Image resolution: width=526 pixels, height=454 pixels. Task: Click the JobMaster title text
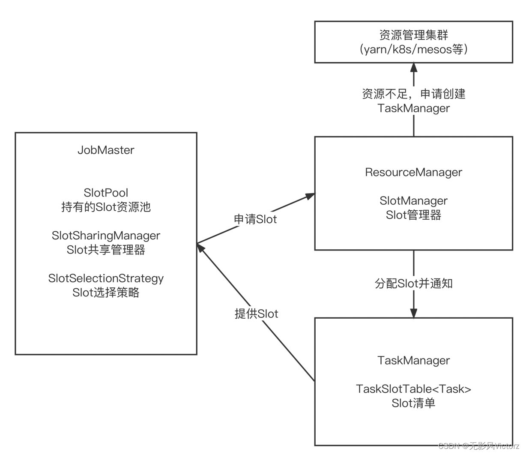point(106,150)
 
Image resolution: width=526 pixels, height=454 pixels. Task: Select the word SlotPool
point(106,193)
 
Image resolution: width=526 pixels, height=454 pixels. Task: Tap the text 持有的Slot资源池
point(106,207)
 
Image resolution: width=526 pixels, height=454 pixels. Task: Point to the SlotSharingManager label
point(106,236)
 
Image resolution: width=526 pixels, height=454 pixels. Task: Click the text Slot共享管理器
point(106,250)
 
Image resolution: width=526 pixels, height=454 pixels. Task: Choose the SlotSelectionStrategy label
point(106,278)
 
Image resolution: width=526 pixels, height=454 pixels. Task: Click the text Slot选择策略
point(106,293)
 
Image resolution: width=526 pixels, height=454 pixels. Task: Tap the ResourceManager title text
point(413,172)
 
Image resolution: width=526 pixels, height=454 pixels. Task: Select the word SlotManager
point(413,200)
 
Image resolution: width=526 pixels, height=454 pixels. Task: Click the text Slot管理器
point(413,215)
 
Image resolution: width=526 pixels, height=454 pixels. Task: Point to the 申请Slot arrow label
point(255,219)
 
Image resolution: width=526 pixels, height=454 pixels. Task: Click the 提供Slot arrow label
point(256,314)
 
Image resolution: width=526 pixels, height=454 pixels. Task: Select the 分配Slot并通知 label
point(413,284)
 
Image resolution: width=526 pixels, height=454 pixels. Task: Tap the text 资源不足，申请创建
point(413,94)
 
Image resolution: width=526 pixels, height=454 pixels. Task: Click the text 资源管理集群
point(413,35)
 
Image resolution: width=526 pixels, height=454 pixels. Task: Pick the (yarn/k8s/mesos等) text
point(413,49)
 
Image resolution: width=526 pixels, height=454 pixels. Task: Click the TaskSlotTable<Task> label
point(413,389)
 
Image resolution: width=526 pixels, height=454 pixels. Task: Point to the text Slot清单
point(413,403)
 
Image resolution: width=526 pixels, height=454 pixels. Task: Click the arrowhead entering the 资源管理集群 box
point(413,68)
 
